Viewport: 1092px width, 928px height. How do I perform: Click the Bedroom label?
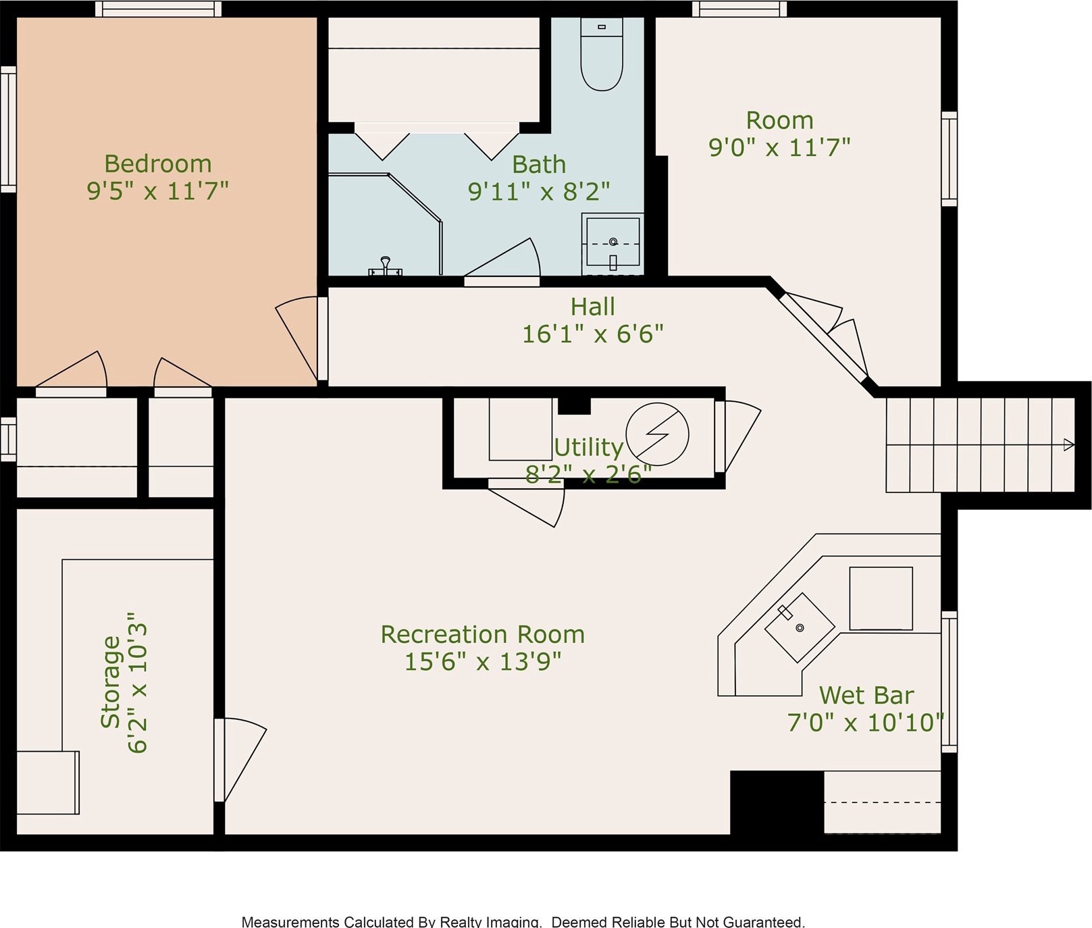[158, 164]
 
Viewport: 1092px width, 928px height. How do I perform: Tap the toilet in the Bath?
[602, 55]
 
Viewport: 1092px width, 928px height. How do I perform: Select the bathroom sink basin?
[613, 242]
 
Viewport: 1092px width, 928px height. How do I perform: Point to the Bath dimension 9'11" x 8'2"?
[539, 192]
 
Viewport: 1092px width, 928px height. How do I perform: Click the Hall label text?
[593, 307]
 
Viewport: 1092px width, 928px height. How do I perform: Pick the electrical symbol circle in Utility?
[657, 434]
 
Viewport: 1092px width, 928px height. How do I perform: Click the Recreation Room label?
[482, 635]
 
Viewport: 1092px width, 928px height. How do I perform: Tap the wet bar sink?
[800, 627]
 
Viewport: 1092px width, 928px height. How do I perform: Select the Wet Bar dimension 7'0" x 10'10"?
[865, 723]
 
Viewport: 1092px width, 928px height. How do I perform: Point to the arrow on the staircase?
[1069, 444]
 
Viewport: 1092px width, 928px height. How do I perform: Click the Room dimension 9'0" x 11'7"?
[779, 147]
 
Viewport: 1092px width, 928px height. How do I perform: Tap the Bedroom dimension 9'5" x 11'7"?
[158, 191]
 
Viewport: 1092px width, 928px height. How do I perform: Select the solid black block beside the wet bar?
[777, 802]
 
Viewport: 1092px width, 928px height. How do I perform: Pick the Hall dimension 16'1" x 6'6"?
[593, 334]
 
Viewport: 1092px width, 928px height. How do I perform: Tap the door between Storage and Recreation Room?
[240, 760]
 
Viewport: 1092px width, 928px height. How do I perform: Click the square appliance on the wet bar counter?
[881, 598]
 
